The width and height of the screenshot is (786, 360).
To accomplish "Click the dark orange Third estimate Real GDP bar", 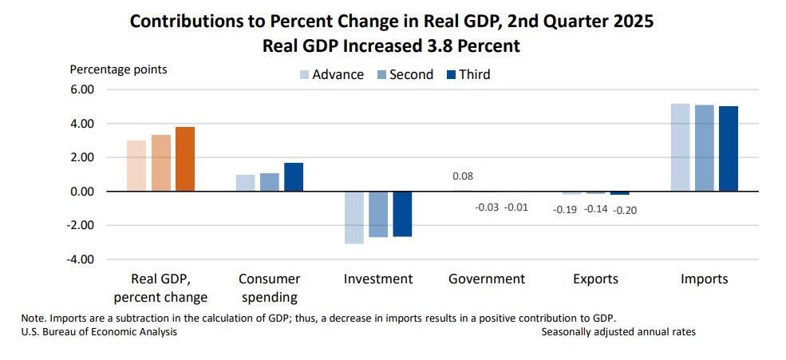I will pos(185,159).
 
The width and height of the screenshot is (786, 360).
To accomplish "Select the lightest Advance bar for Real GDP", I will pos(136,166).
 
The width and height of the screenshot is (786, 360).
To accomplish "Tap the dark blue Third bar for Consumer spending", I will pos(294,176).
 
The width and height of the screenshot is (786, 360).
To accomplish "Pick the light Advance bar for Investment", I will pos(354,217).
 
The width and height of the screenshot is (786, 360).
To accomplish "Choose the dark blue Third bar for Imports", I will pos(729,148).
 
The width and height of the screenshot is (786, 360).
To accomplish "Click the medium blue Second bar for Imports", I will pos(705,148).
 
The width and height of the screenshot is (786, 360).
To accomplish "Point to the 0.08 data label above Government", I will pos(463,176).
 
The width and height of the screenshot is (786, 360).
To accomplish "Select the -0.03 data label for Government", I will pos(487,208).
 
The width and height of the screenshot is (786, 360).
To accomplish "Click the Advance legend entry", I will pos(331,74).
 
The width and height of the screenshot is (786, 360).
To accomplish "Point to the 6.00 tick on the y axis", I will pos(82,90).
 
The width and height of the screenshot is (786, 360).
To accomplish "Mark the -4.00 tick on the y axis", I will pos(81,259).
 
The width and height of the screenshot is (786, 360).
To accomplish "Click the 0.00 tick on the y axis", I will pos(82,192).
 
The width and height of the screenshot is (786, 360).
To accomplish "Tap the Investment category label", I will pos(378,279).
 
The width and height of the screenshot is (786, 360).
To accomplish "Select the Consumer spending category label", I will pos(269,287).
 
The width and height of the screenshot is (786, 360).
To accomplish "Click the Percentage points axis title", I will pos(119,69).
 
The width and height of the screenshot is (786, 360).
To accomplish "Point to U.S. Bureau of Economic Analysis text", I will pos(99,331).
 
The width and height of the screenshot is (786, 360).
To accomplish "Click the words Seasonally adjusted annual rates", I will pos(618,331).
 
